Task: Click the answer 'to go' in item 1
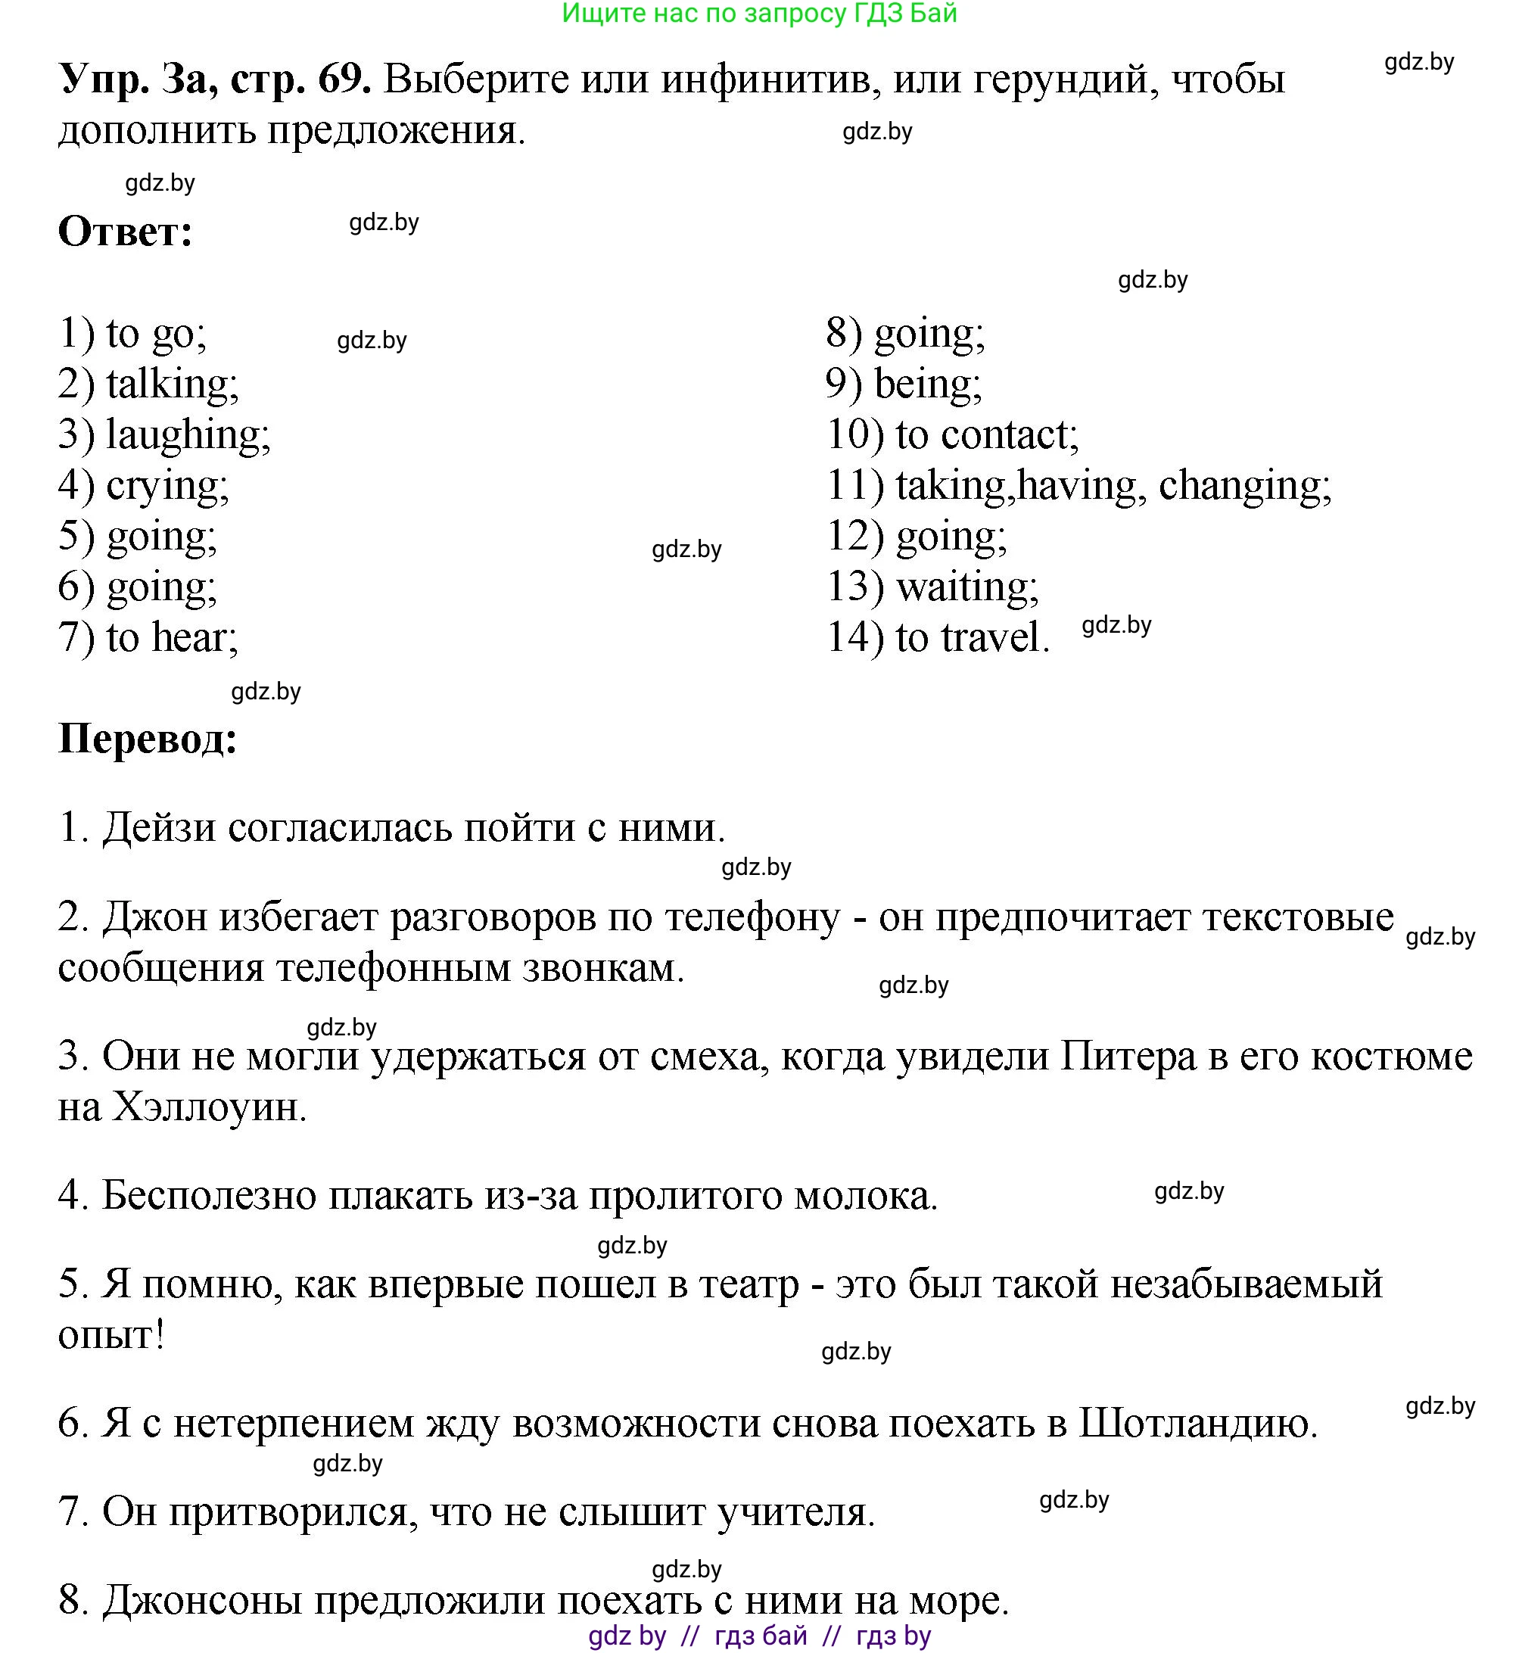[155, 334]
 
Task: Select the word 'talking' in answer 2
[171, 384]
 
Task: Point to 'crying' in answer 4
[167, 486]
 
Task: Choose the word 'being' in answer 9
[926, 384]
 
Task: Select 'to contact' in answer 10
[986, 435]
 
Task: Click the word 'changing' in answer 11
[1243, 486]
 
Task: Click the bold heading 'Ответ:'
[125, 232]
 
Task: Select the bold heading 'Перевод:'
[148, 739]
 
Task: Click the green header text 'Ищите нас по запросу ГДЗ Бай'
[759, 14]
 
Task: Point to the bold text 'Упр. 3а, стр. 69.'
[214, 80]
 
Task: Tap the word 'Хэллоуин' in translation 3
[207, 1107]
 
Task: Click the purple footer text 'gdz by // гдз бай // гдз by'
[759, 1636]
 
